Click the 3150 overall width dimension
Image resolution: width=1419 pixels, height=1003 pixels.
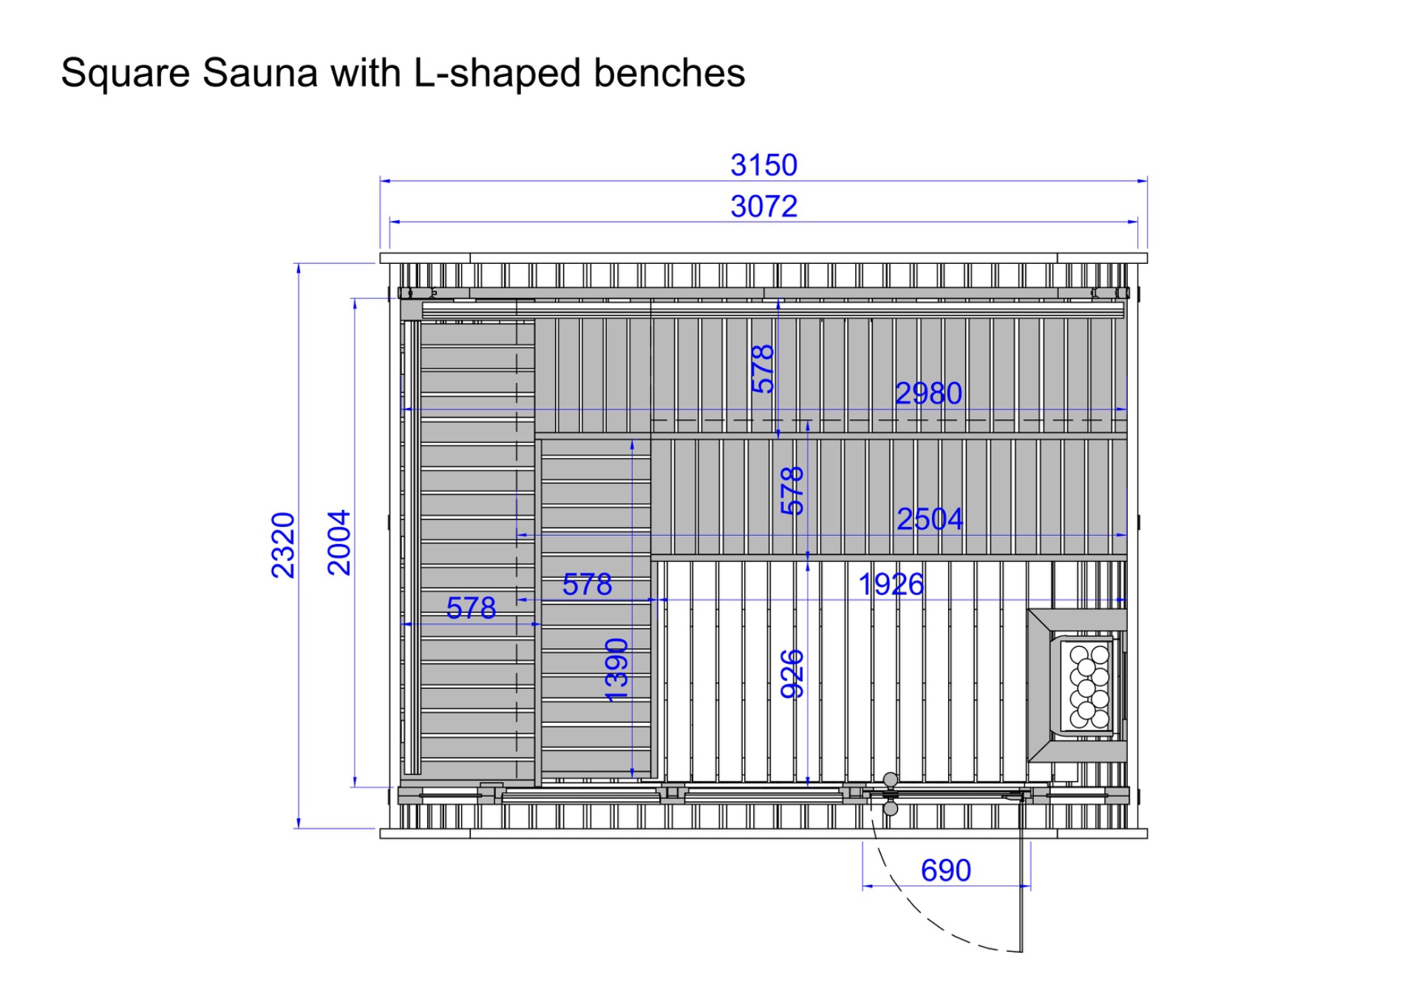pyautogui.click(x=764, y=165)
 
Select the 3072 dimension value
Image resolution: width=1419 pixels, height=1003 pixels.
pyautogui.click(x=764, y=206)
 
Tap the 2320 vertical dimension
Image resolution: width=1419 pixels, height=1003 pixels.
pyautogui.click(x=283, y=545)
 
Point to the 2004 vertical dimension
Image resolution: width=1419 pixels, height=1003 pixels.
pyautogui.click(x=339, y=543)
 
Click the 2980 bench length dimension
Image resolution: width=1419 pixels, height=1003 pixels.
pyautogui.click(x=929, y=393)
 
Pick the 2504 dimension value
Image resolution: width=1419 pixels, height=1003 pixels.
pyautogui.click(x=930, y=519)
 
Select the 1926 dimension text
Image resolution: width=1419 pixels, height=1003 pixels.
pyautogui.click(x=891, y=585)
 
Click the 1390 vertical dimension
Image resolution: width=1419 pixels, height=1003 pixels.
pyautogui.click(x=616, y=670)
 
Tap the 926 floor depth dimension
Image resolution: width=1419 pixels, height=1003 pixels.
pyautogui.click(x=792, y=673)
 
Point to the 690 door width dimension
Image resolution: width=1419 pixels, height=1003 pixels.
pyautogui.click(x=946, y=871)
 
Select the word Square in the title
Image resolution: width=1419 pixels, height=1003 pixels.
pyautogui.click(x=126, y=74)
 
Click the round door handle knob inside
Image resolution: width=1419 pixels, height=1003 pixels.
pyautogui.click(x=891, y=780)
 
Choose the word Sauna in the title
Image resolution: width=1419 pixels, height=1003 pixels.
pyautogui.click(x=260, y=72)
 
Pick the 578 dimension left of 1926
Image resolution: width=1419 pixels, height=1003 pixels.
pyautogui.click(x=587, y=585)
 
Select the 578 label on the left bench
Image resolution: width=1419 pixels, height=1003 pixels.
pyautogui.click(x=471, y=608)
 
